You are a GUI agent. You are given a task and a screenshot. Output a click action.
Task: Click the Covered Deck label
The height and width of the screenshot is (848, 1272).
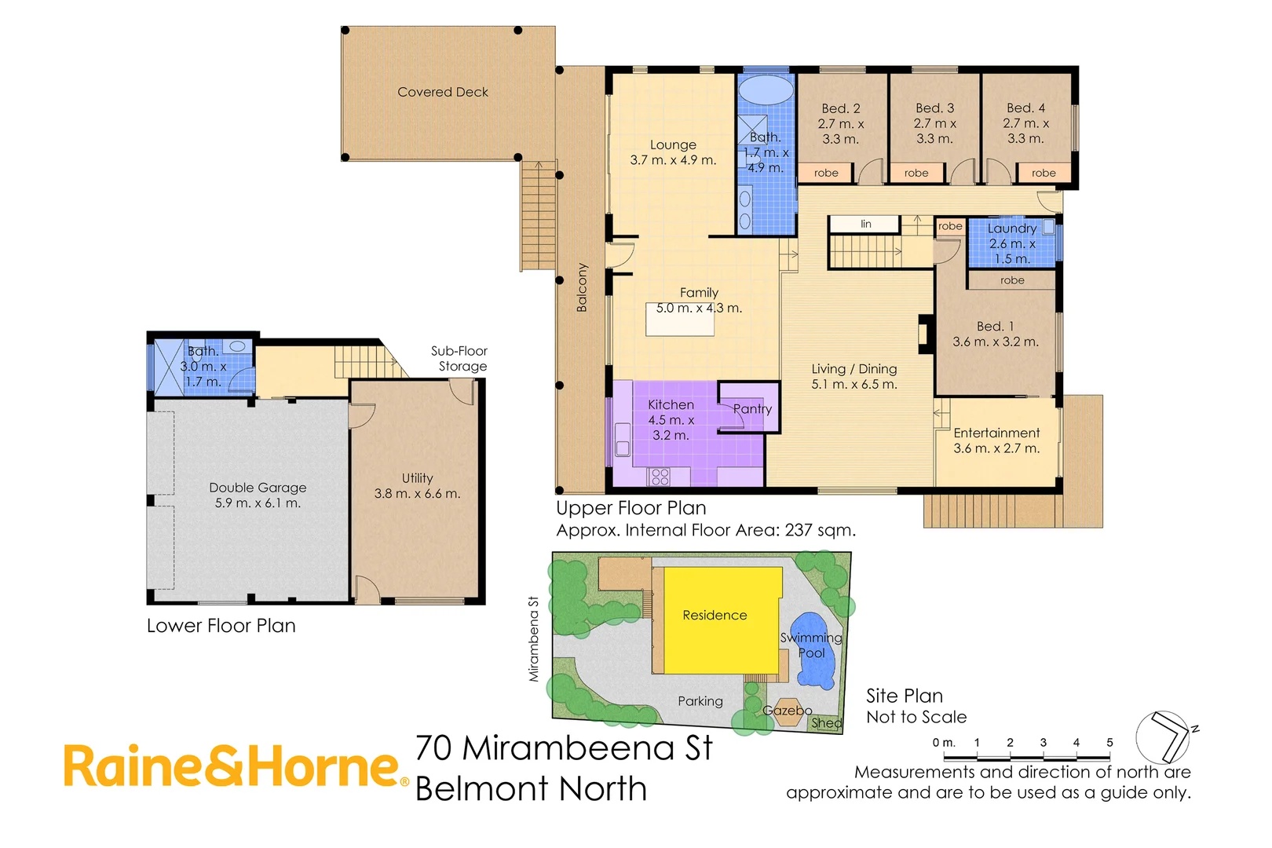click(443, 93)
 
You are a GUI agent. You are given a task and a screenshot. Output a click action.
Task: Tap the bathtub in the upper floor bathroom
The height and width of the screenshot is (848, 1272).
click(766, 90)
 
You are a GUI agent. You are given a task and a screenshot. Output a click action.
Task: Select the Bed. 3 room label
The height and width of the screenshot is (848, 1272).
click(934, 108)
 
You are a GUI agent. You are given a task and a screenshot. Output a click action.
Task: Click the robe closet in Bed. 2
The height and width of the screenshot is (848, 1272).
click(826, 173)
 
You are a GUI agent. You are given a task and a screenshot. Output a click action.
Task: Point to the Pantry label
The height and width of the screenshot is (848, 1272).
click(752, 409)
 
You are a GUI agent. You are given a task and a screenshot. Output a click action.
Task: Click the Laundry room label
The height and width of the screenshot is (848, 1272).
click(1012, 228)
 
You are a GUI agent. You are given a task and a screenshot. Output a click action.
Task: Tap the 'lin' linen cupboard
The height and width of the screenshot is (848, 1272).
click(865, 225)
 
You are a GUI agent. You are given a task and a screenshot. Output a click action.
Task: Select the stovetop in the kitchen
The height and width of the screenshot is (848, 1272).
click(660, 476)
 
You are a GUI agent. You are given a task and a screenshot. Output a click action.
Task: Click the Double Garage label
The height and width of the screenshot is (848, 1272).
click(258, 488)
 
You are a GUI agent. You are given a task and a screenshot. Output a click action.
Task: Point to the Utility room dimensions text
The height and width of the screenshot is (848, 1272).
click(417, 494)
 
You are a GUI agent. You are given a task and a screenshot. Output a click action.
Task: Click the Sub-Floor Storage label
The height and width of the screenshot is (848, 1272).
click(460, 359)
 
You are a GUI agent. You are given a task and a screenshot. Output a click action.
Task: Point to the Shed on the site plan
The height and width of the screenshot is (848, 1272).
click(826, 723)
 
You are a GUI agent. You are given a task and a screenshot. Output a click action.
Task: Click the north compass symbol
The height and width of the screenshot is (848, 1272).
click(1165, 737)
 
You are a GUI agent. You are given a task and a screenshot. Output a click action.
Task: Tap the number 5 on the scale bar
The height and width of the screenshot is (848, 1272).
click(1109, 743)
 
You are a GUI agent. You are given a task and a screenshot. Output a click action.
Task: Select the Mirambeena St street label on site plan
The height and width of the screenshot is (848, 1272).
click(534, 638)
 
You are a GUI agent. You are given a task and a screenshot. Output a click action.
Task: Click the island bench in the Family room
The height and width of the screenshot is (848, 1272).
click(680, 320)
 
